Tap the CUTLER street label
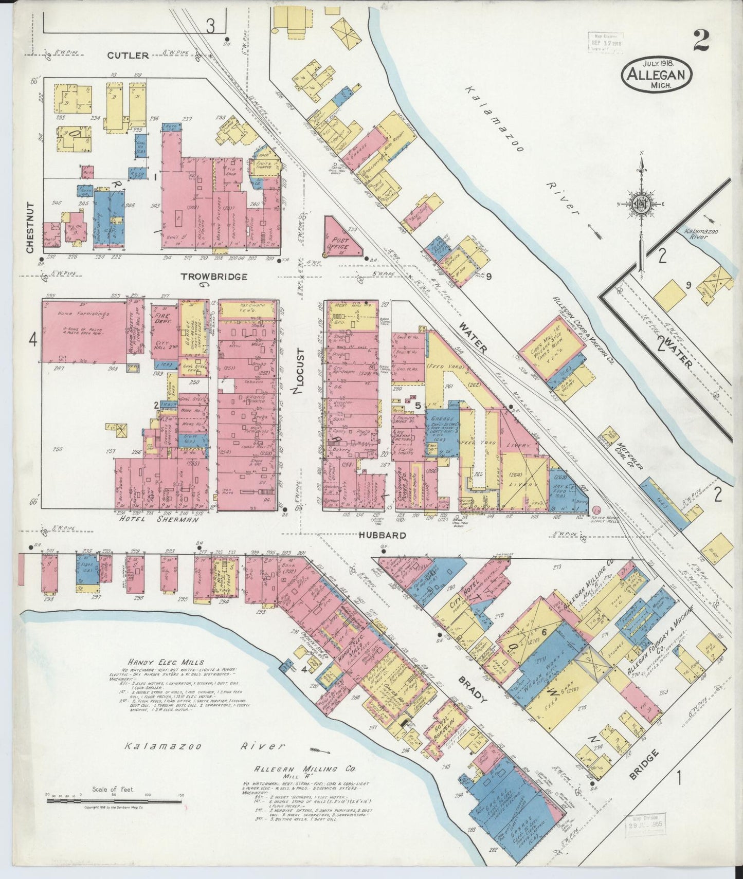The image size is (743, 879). click(x=128, y=56)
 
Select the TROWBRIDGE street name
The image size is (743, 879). click(x=214, y=277)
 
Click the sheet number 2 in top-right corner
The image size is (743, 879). click(x=701, y=41)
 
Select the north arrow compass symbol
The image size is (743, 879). click(x=641, y=206)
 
